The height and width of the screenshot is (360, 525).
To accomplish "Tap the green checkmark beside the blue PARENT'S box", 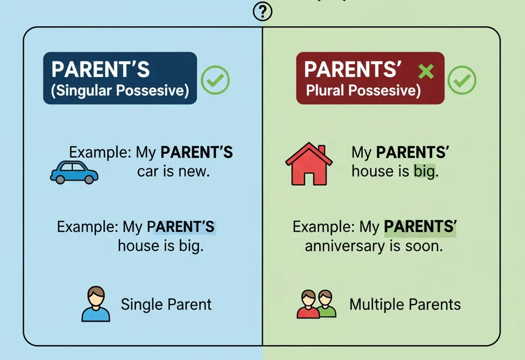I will [215, 79].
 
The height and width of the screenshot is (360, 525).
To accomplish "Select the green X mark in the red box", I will [426, 71].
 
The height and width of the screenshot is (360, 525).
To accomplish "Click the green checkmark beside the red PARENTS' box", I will [462, 80].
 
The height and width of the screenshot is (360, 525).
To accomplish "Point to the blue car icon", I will [74, 172].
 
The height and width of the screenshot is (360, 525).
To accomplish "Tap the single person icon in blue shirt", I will [96, 304].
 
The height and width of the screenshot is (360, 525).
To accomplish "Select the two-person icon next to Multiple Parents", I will [316, 304].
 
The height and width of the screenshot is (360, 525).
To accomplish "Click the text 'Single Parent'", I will [166, 304].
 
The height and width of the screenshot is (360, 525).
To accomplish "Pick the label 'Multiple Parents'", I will [405, 305].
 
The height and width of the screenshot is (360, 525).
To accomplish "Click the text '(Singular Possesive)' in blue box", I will [120, 91].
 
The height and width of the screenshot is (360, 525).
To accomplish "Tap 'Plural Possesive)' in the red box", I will [363, 91].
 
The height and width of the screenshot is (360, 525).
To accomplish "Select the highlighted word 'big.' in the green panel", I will [426, 171].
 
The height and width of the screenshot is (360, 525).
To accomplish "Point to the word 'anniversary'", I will [343, 246].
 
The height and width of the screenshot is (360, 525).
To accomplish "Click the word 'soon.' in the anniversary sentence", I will [423, 246].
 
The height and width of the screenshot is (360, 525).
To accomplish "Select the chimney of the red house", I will [321, 150].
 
